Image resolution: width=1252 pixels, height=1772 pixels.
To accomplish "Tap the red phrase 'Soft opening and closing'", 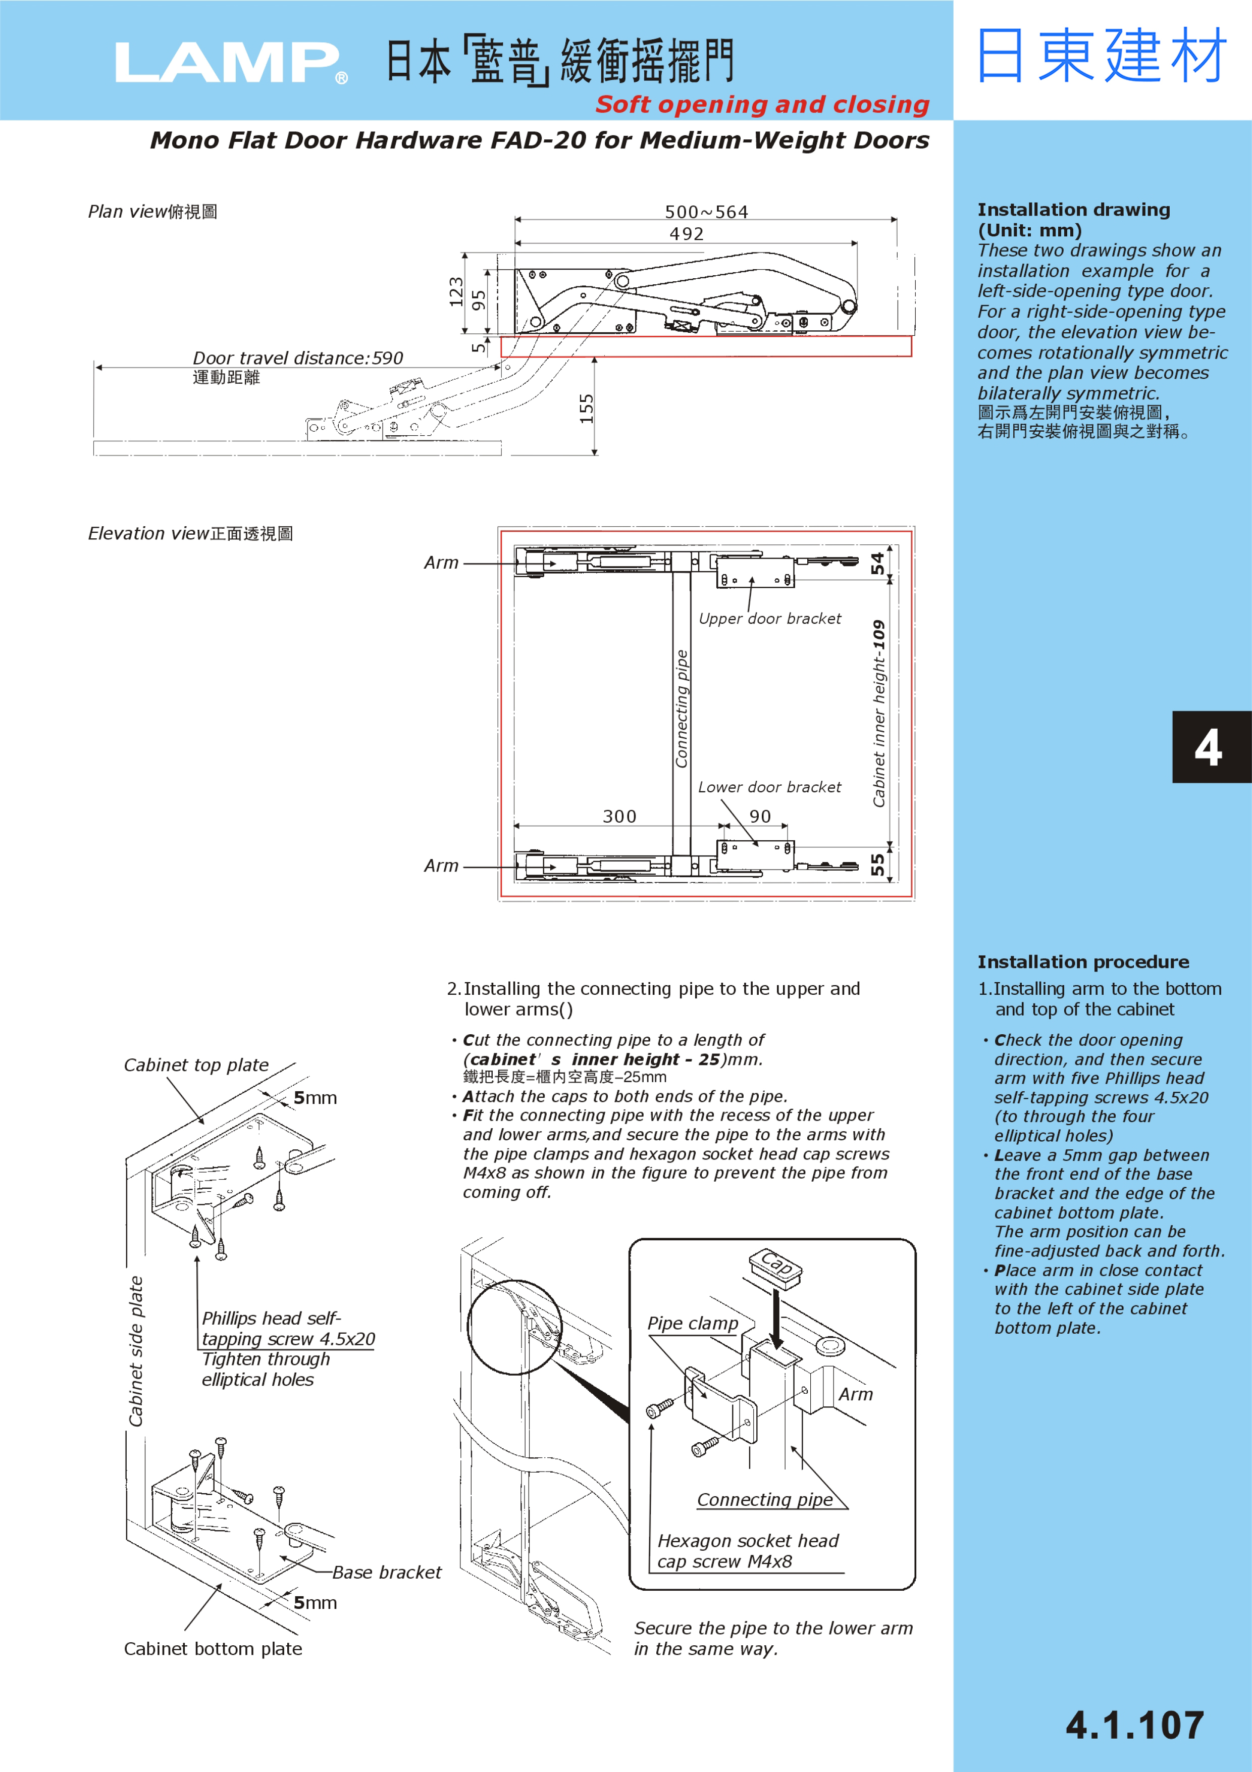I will [762, 104].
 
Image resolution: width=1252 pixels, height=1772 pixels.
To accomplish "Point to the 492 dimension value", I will [687, 233].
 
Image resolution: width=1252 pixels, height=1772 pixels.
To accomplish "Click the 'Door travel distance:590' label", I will [298, 358].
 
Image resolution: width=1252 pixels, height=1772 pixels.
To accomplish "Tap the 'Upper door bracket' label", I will [769, 618].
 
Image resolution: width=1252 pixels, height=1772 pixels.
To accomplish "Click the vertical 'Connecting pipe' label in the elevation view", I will [681, 708].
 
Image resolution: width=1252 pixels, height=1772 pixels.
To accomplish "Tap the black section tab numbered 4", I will [1208, 747].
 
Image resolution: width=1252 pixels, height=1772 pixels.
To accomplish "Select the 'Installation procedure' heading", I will [1083, 961].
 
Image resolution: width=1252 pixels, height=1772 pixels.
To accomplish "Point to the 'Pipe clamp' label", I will [692, 1323].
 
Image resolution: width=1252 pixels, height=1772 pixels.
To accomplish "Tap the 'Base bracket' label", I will [387, 1572].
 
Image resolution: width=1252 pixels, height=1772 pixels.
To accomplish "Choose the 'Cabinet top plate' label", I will [196, 1065].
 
